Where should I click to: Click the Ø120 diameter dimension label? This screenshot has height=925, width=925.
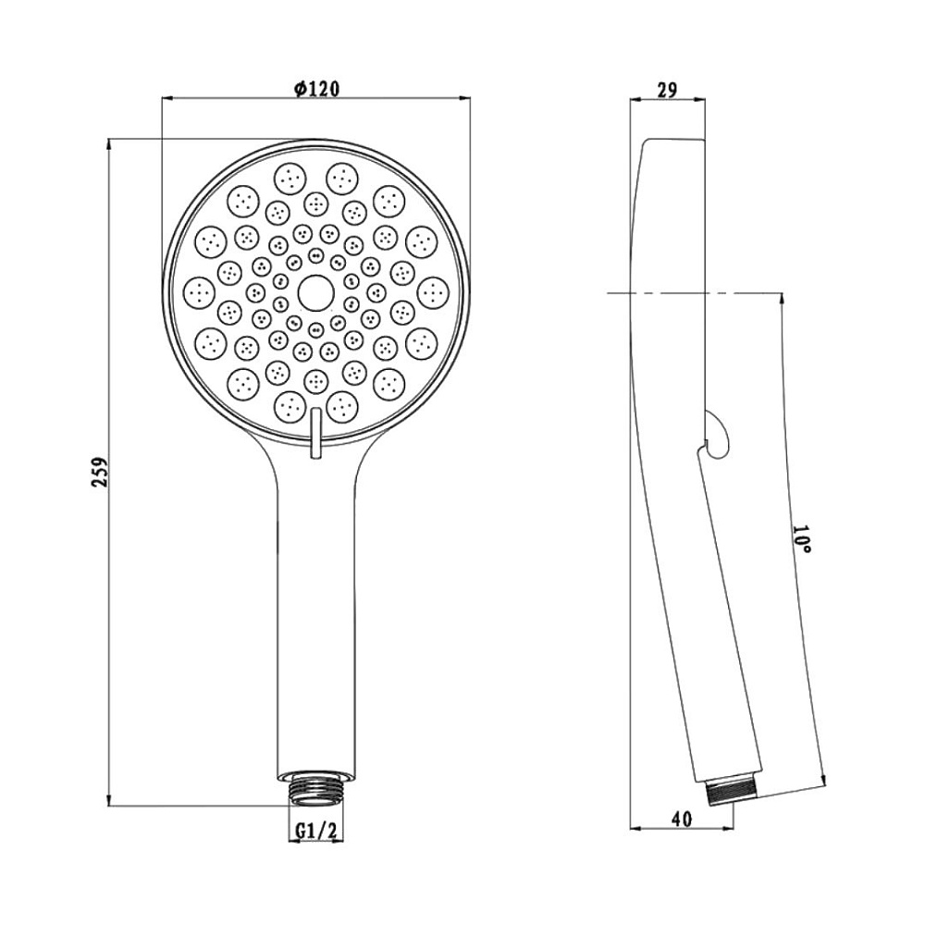(316, 89)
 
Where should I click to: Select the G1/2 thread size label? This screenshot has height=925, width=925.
(315, 831)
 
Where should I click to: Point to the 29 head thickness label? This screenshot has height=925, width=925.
(667, 90)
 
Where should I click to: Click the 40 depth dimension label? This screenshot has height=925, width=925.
(682, 819)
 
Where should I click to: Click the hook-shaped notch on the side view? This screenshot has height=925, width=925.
(717, 434)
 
